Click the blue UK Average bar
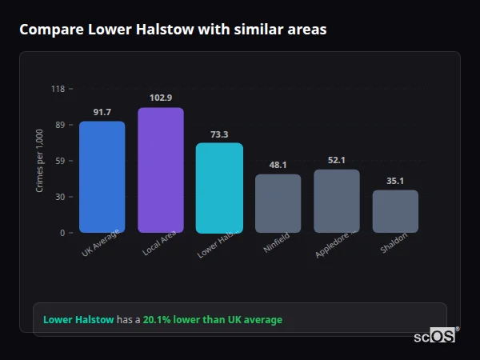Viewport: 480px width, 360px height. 102,177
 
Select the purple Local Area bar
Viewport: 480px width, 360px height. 161,170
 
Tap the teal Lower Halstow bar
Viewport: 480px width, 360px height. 219,188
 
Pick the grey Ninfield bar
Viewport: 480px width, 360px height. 278,203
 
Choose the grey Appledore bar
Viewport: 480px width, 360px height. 337,201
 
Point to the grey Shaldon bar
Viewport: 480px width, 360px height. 395,211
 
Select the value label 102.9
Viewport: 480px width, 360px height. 161,98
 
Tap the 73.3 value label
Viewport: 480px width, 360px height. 219,134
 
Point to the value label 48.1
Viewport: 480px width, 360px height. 278,165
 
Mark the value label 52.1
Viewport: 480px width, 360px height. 337,160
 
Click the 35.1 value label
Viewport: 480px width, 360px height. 395,181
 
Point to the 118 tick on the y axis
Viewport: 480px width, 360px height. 58,89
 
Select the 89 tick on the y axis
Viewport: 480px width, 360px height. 59,125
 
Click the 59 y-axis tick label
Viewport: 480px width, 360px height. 59,161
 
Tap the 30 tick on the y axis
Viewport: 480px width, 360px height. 59,197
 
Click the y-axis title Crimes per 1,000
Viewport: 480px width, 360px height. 40,161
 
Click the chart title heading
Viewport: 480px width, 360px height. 173,30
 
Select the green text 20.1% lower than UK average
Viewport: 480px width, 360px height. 213,320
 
